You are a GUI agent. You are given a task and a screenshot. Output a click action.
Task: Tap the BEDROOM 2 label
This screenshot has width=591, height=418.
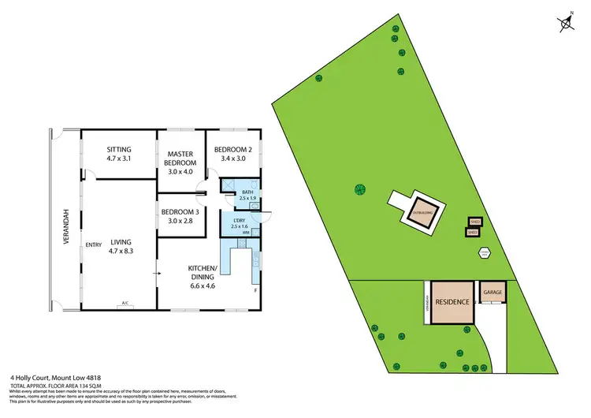click(232, 150)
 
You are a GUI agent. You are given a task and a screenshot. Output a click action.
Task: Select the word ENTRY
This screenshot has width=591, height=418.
click(95, 245)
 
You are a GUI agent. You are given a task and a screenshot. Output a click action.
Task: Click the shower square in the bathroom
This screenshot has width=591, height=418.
click(227, 189)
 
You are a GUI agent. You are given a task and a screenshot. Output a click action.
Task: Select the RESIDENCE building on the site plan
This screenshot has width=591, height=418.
click(452, 302)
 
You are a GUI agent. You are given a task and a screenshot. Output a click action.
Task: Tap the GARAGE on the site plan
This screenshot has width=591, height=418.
click(492, 291)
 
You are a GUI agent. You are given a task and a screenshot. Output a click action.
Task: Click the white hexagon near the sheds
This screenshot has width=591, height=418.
click(484, 252)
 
